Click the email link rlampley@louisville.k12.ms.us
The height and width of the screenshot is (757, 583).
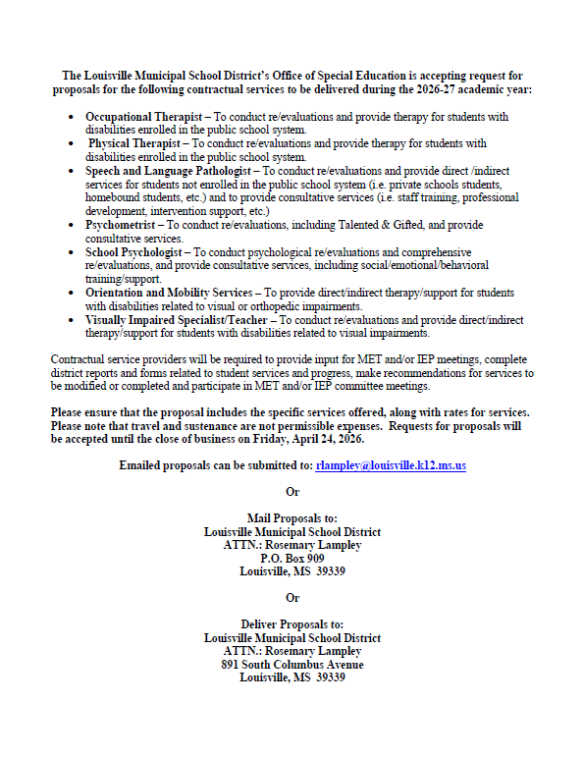pyautogui.click(x=391, y=464)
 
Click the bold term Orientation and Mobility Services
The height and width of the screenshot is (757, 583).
pyautogui.click(x=167, y=293)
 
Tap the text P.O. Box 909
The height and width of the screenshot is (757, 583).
pyautogui.click(x=291, y=558)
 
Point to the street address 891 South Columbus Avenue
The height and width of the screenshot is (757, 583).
pyautogui.click(x=291, y=665)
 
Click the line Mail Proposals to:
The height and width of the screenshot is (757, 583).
pyautogui.click(x=291, y=517)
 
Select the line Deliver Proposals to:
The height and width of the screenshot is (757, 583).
pyautogui.click(x=291, y=623)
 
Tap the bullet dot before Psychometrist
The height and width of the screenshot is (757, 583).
pyautogui.click(x=73, y=226)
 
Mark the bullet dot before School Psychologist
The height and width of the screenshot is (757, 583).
pyautogui.click(x=73, y=252)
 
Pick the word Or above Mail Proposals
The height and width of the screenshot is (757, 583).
pyautogui.click(x=291, y=491)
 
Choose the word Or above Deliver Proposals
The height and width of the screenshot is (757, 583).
pyautogui.click(x=291, y=597)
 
